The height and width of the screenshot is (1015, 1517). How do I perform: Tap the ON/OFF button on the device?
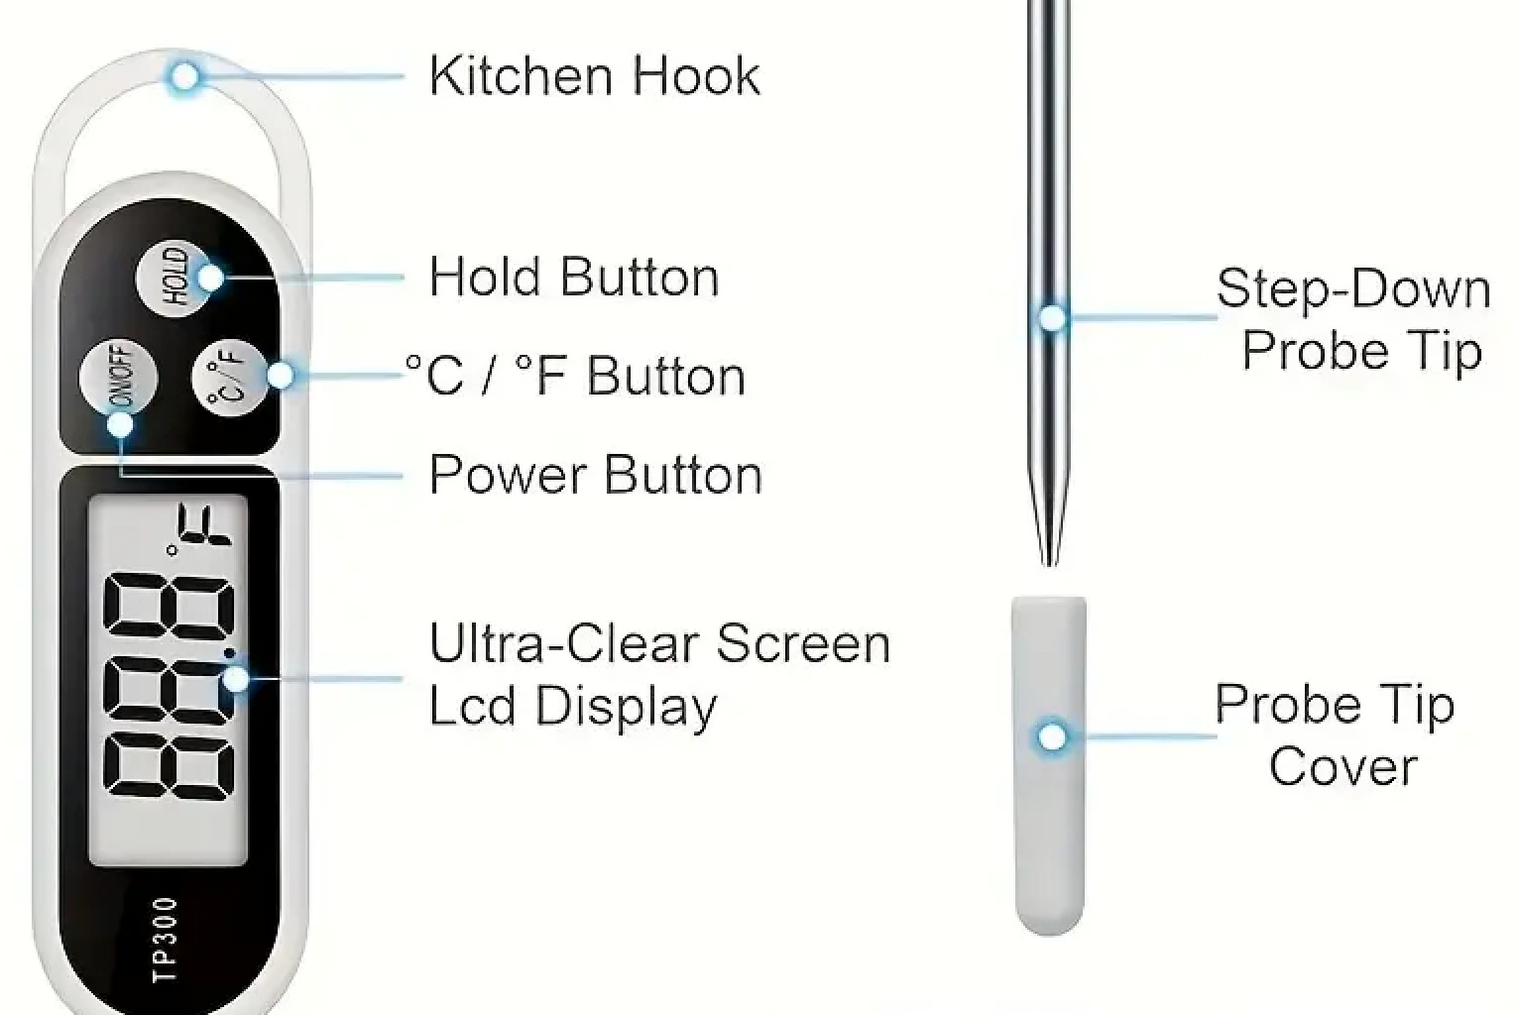point(119,377)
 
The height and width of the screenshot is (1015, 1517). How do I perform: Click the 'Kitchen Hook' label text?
point(595,76)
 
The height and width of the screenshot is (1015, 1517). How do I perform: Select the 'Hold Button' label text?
point(574,277)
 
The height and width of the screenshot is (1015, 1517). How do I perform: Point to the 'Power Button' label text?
point(595,475)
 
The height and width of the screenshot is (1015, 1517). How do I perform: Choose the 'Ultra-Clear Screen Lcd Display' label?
point(659,674)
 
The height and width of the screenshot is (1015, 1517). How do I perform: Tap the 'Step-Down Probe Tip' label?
point(1353,319)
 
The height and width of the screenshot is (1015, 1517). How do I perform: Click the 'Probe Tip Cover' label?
point(1335,734)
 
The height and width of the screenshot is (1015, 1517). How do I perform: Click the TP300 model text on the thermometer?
point(166,939)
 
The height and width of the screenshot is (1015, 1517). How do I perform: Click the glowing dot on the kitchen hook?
point(184,76)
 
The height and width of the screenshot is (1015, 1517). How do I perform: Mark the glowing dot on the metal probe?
point(1052,317)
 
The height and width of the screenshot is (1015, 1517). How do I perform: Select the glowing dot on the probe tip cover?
point(1052,737)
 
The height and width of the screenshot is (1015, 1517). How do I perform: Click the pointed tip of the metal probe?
point(1049,565)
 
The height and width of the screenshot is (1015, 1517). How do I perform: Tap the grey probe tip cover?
point(1049,766)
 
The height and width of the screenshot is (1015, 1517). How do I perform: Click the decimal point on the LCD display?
point(230,653)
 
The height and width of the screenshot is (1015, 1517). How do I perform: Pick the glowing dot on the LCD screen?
point(236,678)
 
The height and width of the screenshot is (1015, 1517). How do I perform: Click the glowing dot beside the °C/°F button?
point(281,375)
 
